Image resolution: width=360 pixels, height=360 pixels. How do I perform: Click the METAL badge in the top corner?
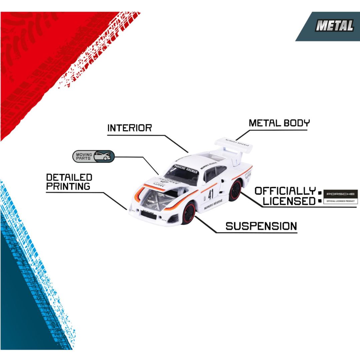coord(334,26)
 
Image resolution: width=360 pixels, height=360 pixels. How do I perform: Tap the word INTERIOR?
coord(129,128)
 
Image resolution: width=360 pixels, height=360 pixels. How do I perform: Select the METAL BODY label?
coord(279,123)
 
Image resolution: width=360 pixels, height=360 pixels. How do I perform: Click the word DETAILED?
coord(69,177)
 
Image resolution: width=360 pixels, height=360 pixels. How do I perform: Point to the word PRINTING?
coord(68,186)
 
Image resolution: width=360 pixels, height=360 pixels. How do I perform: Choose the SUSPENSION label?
coord(261,226)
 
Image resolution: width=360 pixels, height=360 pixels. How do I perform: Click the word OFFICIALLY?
coord(285,191)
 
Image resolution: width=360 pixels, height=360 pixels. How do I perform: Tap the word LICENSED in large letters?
coord(289,201)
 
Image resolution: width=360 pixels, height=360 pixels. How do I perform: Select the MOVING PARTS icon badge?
coord(94,156)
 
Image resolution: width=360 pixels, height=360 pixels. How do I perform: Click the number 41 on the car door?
coord(211,194)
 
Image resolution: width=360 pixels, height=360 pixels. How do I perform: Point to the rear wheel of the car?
coord(235,190)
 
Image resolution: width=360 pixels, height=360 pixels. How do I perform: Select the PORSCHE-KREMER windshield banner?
coord(186,169)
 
